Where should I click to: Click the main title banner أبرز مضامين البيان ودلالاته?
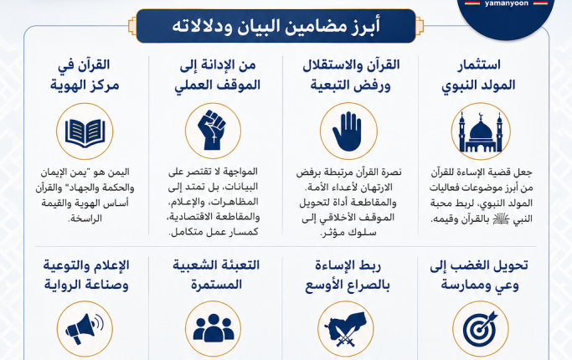[276, 26]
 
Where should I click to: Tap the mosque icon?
[481, 132]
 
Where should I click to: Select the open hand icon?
[348, 131]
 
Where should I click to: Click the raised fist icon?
[213, 130]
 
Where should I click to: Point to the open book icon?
[85, 133]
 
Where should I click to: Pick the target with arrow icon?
[480, 329]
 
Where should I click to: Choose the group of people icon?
[213, 328]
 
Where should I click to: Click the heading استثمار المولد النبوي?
[478, 75]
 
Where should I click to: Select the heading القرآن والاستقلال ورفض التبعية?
[351, 75]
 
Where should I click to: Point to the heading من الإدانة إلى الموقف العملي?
[218, 75]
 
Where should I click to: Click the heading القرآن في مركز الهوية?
[85, 75]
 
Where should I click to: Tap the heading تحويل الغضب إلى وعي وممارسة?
[479, 275]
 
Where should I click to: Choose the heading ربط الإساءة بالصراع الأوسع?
[348, 275]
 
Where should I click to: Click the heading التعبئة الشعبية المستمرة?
[216, 275]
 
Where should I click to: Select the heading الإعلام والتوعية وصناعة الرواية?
[86, 275]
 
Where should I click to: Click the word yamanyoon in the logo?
[506, 3]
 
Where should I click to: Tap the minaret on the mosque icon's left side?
[461, 131]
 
